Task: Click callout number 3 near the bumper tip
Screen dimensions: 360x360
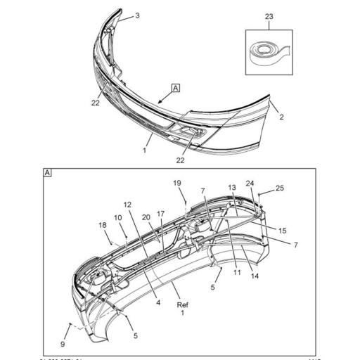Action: point(137,15)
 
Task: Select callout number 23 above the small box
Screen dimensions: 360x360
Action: point(269,17)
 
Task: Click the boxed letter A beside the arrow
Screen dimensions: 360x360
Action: point(175,88)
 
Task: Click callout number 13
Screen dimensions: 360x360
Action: point(233,188)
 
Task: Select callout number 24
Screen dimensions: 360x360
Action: point(250,184)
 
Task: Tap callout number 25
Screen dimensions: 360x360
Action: point(280,188)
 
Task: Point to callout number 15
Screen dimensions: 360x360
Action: point(282,231)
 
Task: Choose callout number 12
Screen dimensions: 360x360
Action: point(128,205)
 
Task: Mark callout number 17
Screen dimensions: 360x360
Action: point(160,214)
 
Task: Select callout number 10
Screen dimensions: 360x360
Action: point(119,218)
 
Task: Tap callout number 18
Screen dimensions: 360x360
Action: point(102,225)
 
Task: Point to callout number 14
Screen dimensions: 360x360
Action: point(255,276)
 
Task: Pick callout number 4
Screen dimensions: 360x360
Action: point(159,304)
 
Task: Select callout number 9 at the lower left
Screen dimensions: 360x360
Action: point(63,344)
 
